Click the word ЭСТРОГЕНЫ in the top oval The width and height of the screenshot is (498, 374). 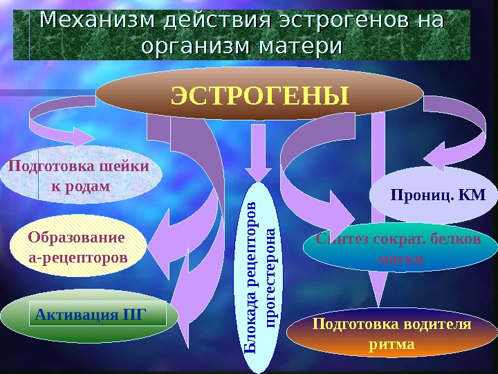click(259, 98)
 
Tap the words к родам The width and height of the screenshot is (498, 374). click(81, 186)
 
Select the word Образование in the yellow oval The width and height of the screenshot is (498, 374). click(77, 238)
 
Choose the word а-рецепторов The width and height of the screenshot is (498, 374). click(77, 258)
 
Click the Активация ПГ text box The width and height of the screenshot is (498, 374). click(100, 313)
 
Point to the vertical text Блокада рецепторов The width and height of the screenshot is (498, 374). click(254, 277)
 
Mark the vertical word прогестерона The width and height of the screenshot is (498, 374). click(271, 277)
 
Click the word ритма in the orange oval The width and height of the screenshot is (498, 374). click(392, 344)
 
